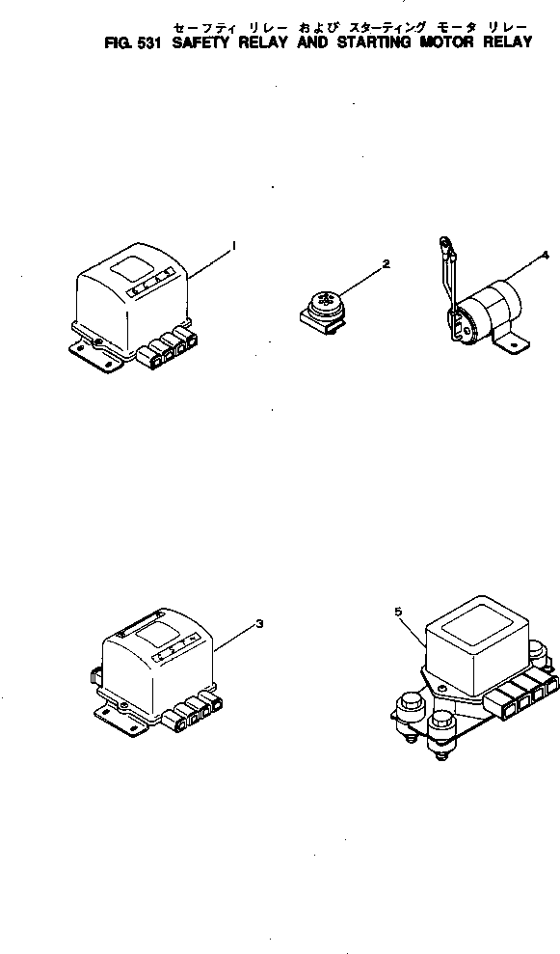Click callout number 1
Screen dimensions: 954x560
tap(234, 249)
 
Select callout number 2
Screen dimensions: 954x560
tap(386, 262)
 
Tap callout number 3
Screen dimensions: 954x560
tap(259, 624)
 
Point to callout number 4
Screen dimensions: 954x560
tap(546, 255)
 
